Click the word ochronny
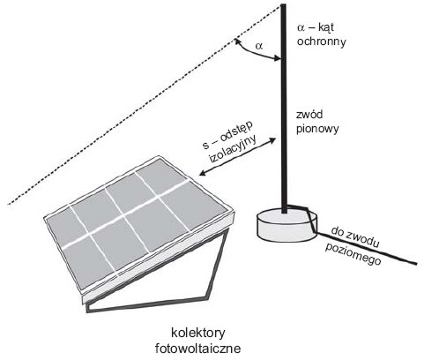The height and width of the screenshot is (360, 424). (321, 41)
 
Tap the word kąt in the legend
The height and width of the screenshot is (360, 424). (326, 27)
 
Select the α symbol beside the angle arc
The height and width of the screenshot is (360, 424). (259, 46)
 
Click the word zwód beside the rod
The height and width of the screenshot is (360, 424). (309, 114)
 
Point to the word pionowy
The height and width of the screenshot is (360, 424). (317, 129)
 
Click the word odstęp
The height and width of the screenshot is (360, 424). (236, 133)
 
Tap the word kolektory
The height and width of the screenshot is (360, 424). (198, 334)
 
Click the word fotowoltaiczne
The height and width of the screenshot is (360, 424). (197, 349)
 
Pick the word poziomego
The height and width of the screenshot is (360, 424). (353, 255)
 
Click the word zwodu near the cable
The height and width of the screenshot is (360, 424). (363, 240)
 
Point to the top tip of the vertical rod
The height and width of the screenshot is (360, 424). (284, 4)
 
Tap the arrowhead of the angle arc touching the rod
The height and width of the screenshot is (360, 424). (277, 58)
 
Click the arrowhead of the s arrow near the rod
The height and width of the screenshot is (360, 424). (272, 140)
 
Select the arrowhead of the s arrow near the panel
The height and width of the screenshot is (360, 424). (203, 173)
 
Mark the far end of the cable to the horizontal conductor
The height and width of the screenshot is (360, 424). (415, 263)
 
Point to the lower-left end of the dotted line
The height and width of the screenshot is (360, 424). (9, 204)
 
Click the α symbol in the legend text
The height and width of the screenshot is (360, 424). (301, 28)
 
